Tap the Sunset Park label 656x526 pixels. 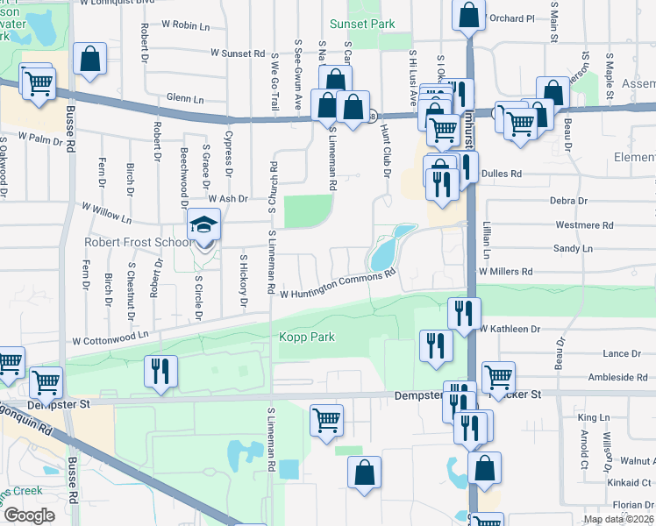(362, 25)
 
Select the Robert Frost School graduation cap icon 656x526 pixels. (204, 225)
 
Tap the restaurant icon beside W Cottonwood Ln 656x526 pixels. (160, 371)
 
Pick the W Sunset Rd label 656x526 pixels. (237, 53)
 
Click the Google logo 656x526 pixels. (29, 515)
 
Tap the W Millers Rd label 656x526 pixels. (505, 272)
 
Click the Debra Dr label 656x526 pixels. (569, 201)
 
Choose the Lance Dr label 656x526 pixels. (622, 353)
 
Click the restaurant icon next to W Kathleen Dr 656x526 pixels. (462, 313)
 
